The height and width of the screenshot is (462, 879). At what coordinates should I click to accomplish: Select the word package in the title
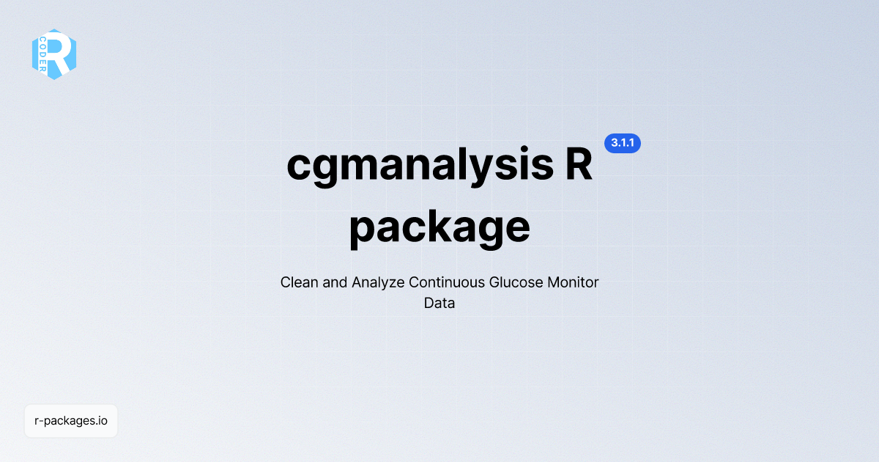click(x=439, y=227)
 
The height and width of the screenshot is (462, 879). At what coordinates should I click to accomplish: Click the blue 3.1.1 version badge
click(x=622, y=144)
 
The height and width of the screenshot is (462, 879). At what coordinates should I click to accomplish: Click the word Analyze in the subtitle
click(x=378, y=282)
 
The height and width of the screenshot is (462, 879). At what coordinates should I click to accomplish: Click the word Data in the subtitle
click(x=439, y=303)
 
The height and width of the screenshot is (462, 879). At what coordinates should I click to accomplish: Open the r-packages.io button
click(x=71, y=421)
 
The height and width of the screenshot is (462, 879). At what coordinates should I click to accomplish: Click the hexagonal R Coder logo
click(x=54, y=54)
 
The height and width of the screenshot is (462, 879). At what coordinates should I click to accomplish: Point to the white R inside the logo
click(x=61, y=53)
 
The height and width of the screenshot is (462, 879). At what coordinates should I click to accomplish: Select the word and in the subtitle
click(x=335, y=282)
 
